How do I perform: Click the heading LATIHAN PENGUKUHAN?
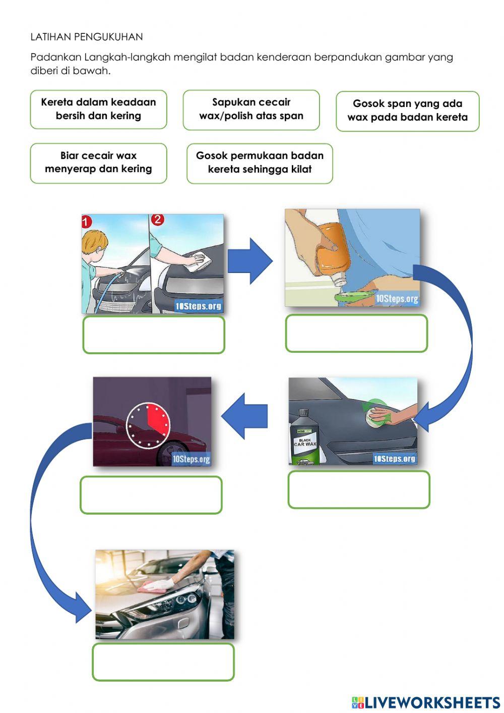(x=86, y=37)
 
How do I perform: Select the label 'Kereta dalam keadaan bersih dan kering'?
(x=98, y=109)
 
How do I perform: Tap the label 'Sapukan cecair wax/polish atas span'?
(x=251, y=109)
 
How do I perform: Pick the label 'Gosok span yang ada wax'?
(x=407, y=111)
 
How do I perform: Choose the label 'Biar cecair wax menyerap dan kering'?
(x=98, y=162)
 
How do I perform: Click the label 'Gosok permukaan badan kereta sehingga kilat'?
(x=260, y=162)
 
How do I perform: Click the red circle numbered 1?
(x=87, y=222)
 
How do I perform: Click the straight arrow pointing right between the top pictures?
(x=250, y=261)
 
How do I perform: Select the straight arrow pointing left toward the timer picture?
(x=245, y=416)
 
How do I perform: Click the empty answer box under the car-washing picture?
(x=154, y=335)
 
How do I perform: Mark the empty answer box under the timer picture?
(x=151, y=495)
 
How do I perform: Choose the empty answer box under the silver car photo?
(x=163, y=662)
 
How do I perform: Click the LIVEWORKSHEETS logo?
(x=426, y=702)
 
